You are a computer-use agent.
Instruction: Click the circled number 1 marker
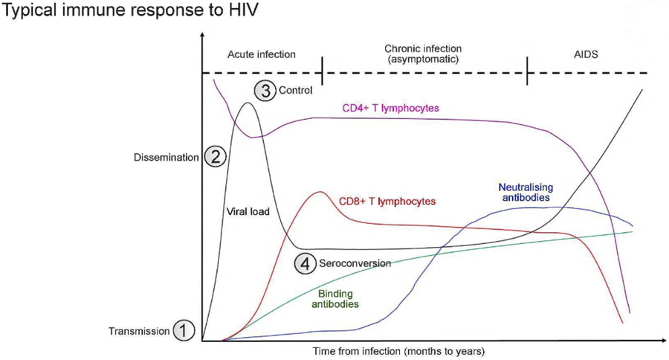[184, 330]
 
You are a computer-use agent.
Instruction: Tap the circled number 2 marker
[214, 157]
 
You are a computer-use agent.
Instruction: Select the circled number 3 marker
[264, 91]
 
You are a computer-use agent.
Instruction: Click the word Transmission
[139, 331]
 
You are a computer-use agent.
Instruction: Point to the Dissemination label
[167, 158]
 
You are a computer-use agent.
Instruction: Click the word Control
[294, 91]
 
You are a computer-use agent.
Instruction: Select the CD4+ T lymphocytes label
[390, 108]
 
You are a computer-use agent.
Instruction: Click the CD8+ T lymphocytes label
[387, 201]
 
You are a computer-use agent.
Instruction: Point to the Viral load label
[248, 211]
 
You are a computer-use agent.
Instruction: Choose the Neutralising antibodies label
[524, 193]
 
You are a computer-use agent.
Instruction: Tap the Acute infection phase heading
[260, 54]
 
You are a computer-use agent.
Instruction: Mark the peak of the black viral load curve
[248, 103]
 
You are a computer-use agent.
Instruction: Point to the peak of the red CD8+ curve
[320, 192]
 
